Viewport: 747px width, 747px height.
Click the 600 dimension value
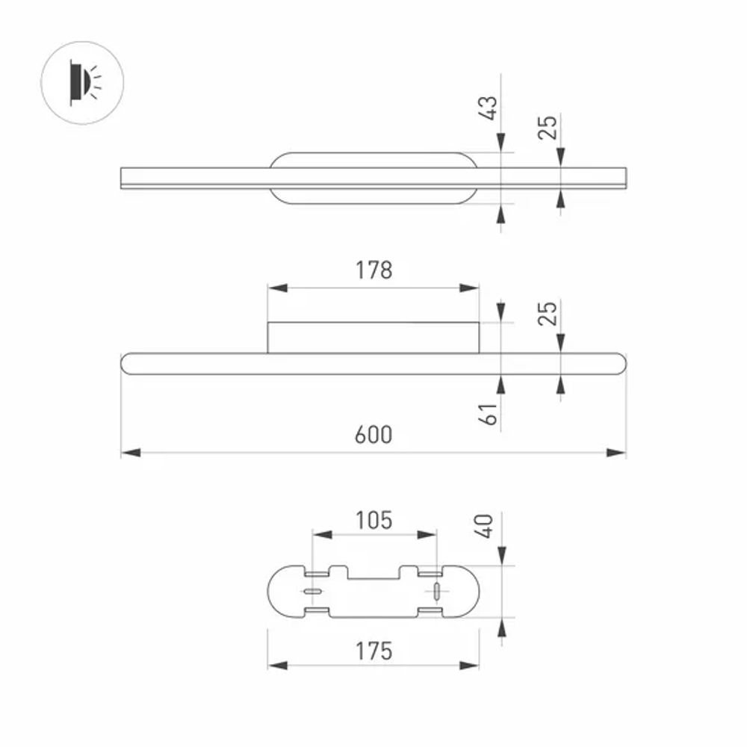[x=373, y=435]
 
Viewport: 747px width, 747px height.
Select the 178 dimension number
[x=374, y=270]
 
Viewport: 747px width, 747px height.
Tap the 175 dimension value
[x=374, y=651]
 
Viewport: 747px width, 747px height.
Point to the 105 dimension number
[x=374, y=520]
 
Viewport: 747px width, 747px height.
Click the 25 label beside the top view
[x=548, y=127]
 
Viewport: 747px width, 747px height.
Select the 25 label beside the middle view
[x=548, y=314]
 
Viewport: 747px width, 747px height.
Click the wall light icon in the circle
[x=82, y=83]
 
